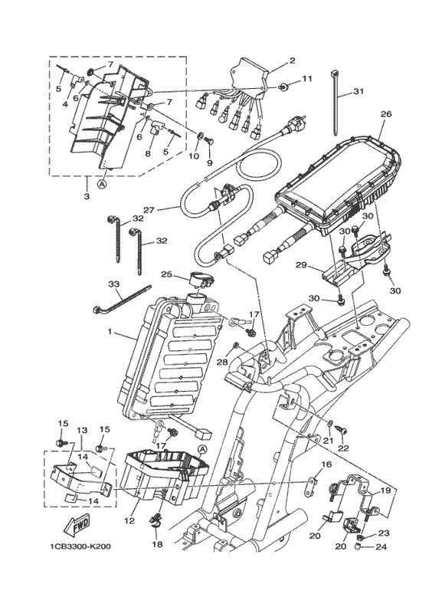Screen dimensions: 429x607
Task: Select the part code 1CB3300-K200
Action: [81, 546]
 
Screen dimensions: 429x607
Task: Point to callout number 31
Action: [359, 92]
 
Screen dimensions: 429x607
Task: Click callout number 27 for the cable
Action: [149, 210]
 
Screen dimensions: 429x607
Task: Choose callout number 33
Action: [114, 284]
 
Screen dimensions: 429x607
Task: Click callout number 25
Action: [166, 274]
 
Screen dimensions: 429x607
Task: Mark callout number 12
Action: [129, 521]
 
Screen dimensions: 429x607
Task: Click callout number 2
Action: [292, 61]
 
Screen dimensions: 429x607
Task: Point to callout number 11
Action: [306, 79]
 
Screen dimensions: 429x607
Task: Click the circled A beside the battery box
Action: [202, 448]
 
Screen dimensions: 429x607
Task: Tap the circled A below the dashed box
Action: [101, 184]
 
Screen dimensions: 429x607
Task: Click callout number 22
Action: [343, 448]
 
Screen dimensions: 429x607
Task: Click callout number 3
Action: [87, 196]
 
